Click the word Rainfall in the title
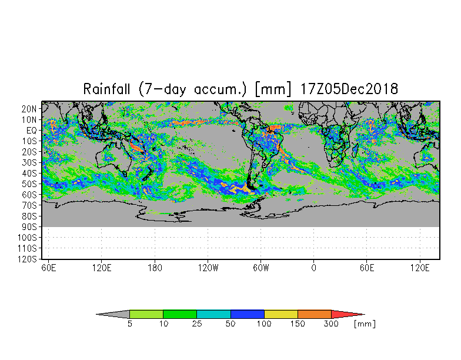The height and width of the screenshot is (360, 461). coord(106,88)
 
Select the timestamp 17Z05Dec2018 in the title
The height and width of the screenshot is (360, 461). coord(349,88)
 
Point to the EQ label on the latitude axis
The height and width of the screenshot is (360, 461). coord(32,131)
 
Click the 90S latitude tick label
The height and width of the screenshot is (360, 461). coord(29,227)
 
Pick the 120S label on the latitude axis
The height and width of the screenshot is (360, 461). coord(27,259)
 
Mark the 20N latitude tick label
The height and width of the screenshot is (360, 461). coord(29,109)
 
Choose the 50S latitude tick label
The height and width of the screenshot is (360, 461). coord(29,184)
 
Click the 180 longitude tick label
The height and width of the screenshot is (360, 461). coord(155,268)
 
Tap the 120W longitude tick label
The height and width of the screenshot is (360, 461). coord(208,268)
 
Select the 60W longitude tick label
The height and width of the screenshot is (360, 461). coord(261,268)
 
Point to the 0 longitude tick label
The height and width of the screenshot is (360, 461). coord(314,268)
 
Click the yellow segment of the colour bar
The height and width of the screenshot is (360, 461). coord(281,314)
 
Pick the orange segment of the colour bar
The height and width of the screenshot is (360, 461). coord(314,314)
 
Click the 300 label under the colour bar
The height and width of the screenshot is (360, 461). coord(331,324)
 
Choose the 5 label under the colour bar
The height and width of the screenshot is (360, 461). coord(130,324)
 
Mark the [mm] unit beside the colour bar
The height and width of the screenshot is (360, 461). coord(365,324)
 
